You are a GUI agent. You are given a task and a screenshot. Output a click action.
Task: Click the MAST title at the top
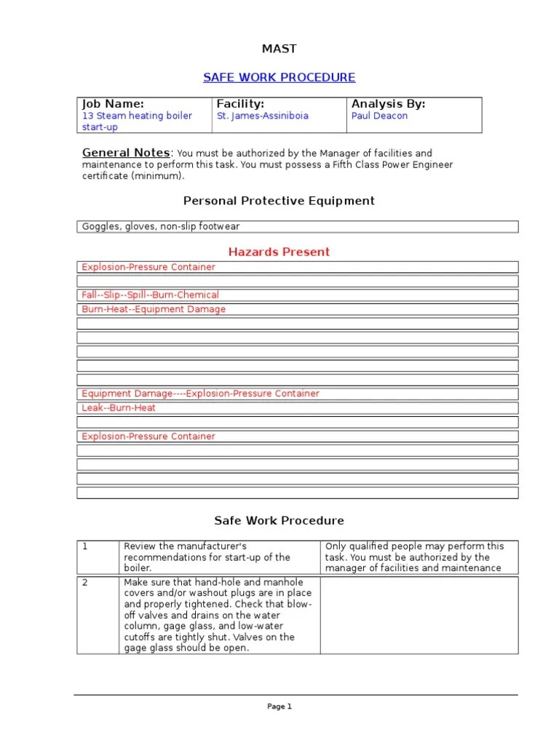click(279, 49)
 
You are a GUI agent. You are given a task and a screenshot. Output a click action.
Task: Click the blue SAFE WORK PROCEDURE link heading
click(279, 77)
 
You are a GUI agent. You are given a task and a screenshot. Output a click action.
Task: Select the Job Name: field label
click(113, 104)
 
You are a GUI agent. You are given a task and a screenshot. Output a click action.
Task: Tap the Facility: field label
click(240, 104)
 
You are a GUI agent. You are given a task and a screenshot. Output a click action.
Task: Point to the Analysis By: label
click(388, 104)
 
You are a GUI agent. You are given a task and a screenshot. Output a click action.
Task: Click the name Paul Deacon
click(379, 116)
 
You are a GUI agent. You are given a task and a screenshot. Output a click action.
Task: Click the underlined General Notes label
click(126, 153)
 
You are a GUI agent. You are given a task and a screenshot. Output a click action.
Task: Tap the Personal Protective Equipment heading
click(279, 201)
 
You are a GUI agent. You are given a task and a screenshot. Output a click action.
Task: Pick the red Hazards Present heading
click(279, 252)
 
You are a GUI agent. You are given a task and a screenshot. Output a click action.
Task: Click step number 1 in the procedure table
click(85, 546)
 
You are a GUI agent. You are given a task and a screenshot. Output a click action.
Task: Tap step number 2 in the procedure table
click(85, 583)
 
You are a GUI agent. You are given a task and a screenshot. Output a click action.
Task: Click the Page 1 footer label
click(279, 706)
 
